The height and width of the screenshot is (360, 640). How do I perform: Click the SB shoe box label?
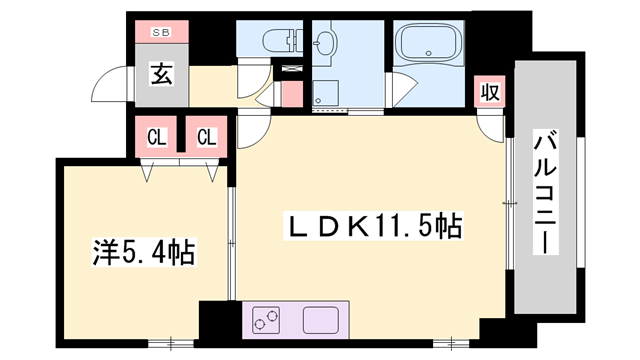tap(161, 33)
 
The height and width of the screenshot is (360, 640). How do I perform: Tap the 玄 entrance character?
tap(160, 73)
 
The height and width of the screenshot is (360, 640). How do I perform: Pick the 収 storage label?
tap(488, 92)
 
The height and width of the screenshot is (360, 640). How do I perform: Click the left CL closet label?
tap(157, 136)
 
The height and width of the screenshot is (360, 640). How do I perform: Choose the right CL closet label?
tap(206, 136)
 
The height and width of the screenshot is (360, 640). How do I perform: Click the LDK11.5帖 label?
tap(376, 227)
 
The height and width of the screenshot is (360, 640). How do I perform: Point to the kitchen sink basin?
tap(323, 321)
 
